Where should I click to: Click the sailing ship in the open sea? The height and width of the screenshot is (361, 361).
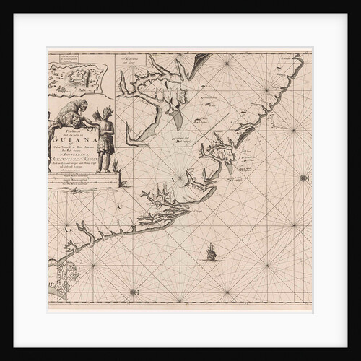click(x=211, y=252)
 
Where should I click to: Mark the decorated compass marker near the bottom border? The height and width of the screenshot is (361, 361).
click(x=134, y=292)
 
